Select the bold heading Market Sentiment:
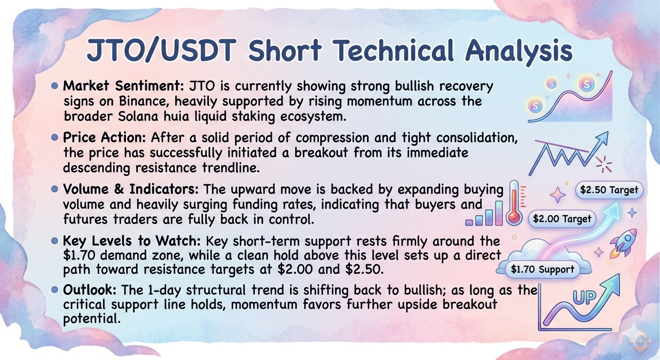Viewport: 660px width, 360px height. pyautogui.click(x=124, y=86)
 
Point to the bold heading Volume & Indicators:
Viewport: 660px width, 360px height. pyautogui.click(x=131, y=189)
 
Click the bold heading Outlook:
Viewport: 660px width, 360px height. pyautogui.click(x=90, y=290)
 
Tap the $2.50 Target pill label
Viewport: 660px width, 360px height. pyautogui.click(x=609, y=190)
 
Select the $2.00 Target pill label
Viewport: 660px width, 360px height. pyautogui.click(x=562, y=218)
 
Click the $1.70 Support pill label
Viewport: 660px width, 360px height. pyautogui.click(x=542, y=269)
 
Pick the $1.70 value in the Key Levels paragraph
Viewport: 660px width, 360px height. pyautogui.click(x=79, y=255)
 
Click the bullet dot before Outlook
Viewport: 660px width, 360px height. pyautogui.click(x=54, y=290)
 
